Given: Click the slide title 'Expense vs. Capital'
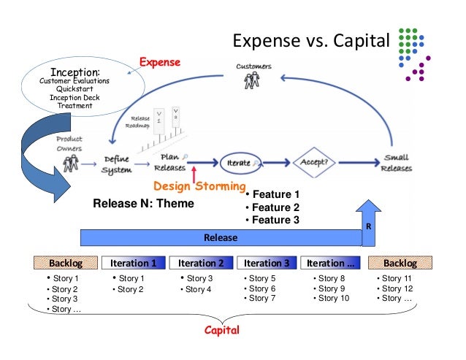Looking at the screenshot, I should click(x=311, y=39).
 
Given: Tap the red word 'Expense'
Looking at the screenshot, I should click(x=160, y=62).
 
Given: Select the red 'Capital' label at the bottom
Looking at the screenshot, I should click(x=222, y=330).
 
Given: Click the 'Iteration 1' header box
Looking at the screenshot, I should click(x=133, y=263).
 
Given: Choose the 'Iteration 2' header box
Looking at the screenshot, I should click(x=201, y=263).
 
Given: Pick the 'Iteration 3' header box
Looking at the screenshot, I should click(x=267, y=263).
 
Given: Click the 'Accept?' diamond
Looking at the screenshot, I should click(x=313, y=162).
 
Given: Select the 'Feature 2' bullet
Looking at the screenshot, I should click(x=272, y=207).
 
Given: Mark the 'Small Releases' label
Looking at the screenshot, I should click(x=397, y=163).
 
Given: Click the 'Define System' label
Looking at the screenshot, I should click(x=117, y=164).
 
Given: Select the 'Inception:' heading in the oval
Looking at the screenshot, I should click(x=75, y=72).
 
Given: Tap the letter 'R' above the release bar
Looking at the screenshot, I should click(x=368, y=226).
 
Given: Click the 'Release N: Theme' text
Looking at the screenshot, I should click(x=144, y=203).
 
